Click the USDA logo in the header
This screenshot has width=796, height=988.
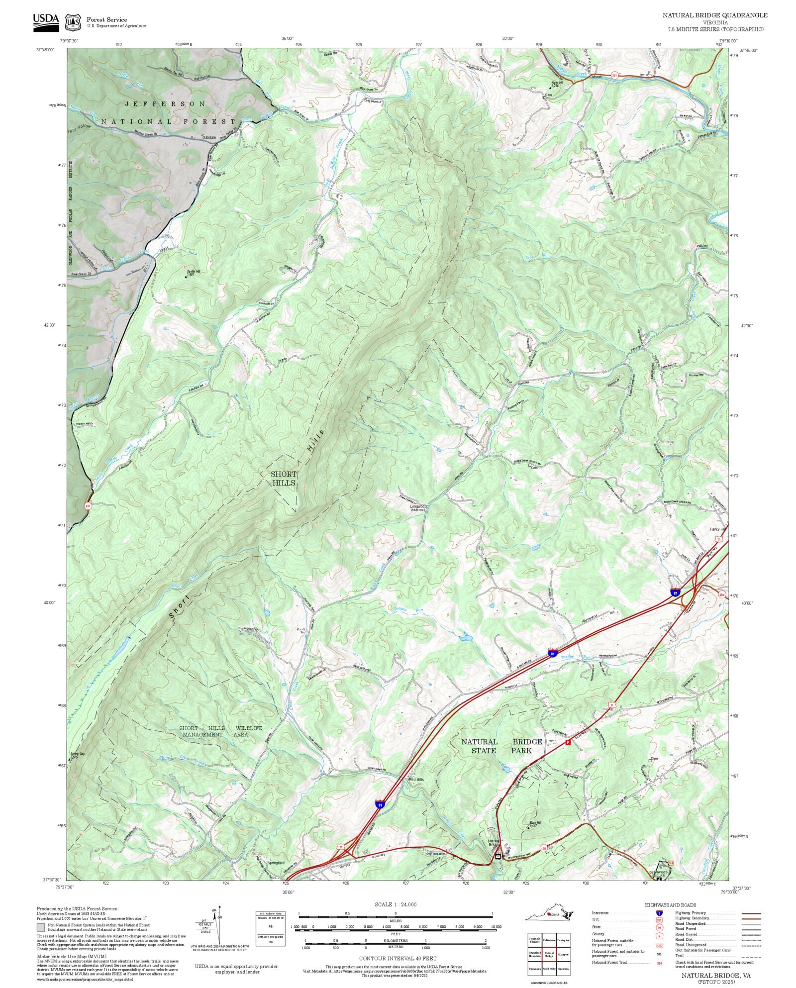(x=46, y=22)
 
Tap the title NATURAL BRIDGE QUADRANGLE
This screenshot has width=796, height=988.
(x=714, y=15)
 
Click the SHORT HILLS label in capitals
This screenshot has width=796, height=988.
(x=283, y=478)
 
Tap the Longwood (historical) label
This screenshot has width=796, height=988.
(x=418, y=507)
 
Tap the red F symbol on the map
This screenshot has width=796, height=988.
(x=568, y=743)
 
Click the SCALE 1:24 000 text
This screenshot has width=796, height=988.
(x=396, y=904)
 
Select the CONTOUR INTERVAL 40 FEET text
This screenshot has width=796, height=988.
(x=398, y=958)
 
